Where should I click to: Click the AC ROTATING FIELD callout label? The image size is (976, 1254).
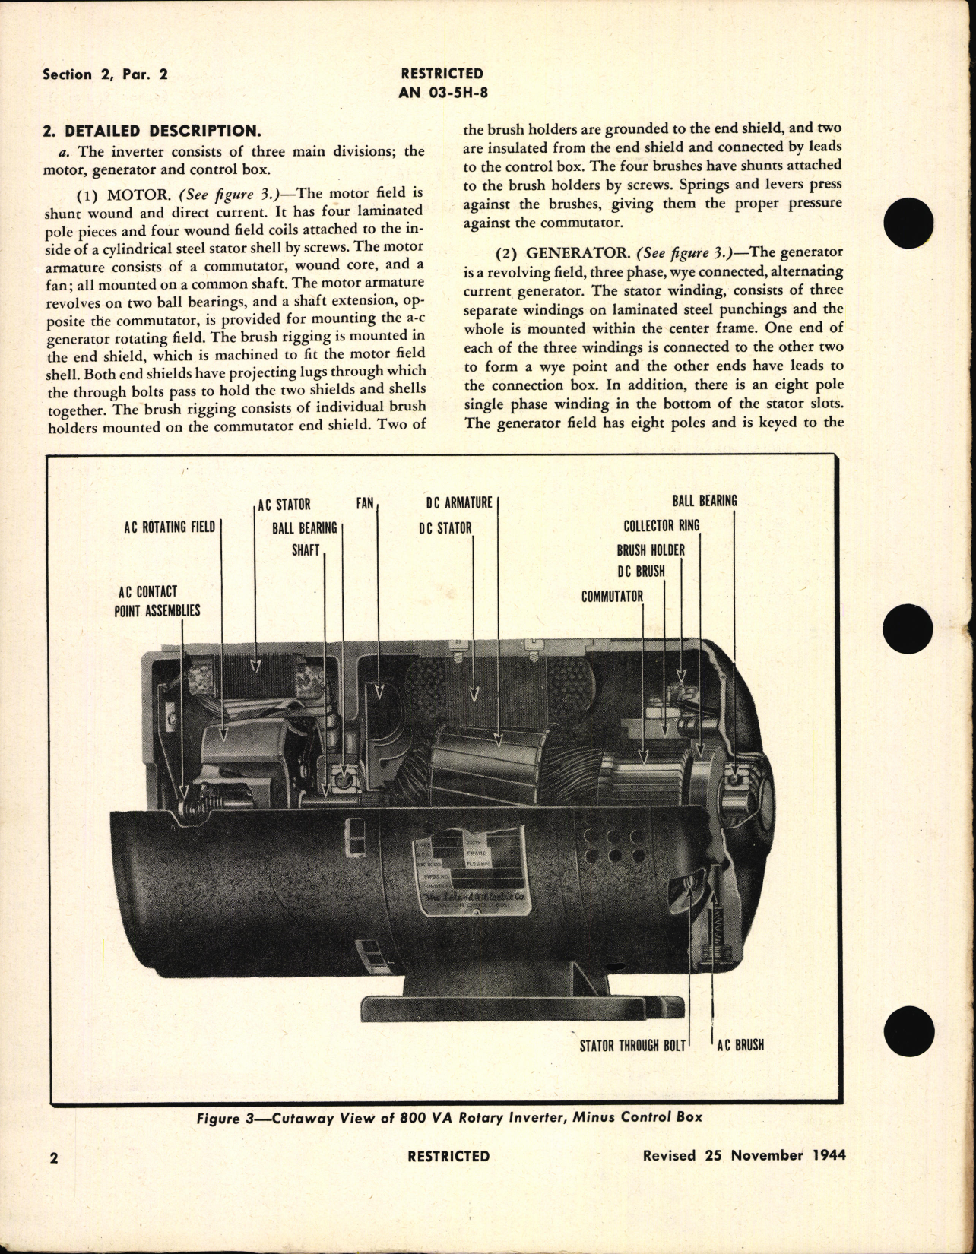tap(170, 527)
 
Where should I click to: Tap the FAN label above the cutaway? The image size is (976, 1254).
tap(365, 503)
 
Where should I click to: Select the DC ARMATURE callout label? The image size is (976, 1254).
tap(458, 503)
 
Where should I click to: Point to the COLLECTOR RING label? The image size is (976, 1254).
tap(661, 526)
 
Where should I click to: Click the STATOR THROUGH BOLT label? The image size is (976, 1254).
tap(632, 1045)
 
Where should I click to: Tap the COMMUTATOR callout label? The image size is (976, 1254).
tap(612, 597)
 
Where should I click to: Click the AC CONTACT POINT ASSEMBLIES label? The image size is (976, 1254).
tap(157, 601)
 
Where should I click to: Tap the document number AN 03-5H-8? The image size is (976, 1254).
tap(442, 92)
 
